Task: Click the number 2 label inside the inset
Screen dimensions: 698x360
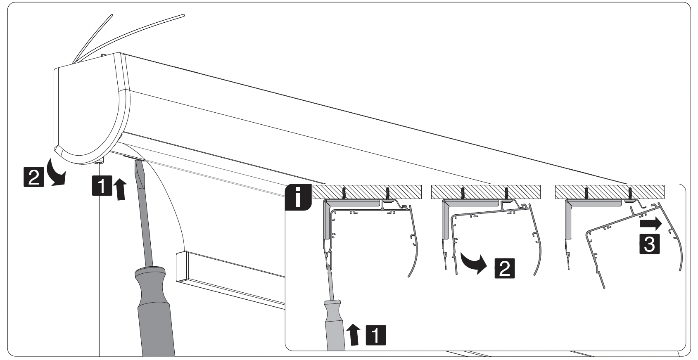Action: tap(504, 268)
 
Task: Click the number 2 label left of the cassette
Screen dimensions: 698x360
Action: tap(33, 178)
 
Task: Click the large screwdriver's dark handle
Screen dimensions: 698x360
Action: tap(155, 314)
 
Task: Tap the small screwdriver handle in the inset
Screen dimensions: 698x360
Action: tap(335, 326)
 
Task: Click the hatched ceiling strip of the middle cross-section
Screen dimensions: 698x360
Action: tap(485, 192)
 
